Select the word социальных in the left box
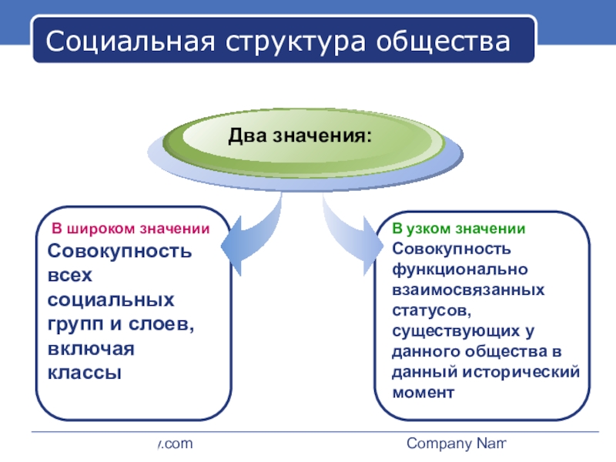click(111, 299)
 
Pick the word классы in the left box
click(85, 372)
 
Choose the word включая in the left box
click(91, 348)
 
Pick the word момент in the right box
click(423, 392)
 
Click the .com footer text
click(173, 444)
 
